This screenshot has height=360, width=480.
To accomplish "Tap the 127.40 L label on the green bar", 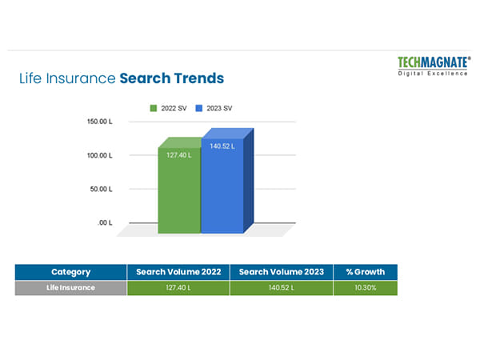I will [x=178, y=154].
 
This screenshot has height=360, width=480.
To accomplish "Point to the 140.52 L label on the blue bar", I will [x=222, y=146].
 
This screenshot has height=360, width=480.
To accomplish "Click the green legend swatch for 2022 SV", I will [x=152, y=107].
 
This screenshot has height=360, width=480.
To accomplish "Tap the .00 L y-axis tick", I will [x=105, y=222].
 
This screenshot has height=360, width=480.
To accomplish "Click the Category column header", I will [x=70, y=272].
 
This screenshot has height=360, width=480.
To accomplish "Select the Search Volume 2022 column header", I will [x=178, y=272].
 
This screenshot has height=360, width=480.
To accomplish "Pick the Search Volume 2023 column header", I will [x=281, y=272].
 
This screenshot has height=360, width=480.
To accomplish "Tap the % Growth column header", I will [x=365, y=272].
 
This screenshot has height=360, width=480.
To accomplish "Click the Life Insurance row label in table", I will [x=70, y=288].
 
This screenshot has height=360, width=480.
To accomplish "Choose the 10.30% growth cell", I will [x=365, y=288].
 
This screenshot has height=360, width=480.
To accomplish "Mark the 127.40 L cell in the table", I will [x=178, y=288].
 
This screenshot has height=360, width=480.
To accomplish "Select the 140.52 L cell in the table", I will [x=281, y=288].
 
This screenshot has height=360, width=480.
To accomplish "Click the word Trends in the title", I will [x=198, y=78].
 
